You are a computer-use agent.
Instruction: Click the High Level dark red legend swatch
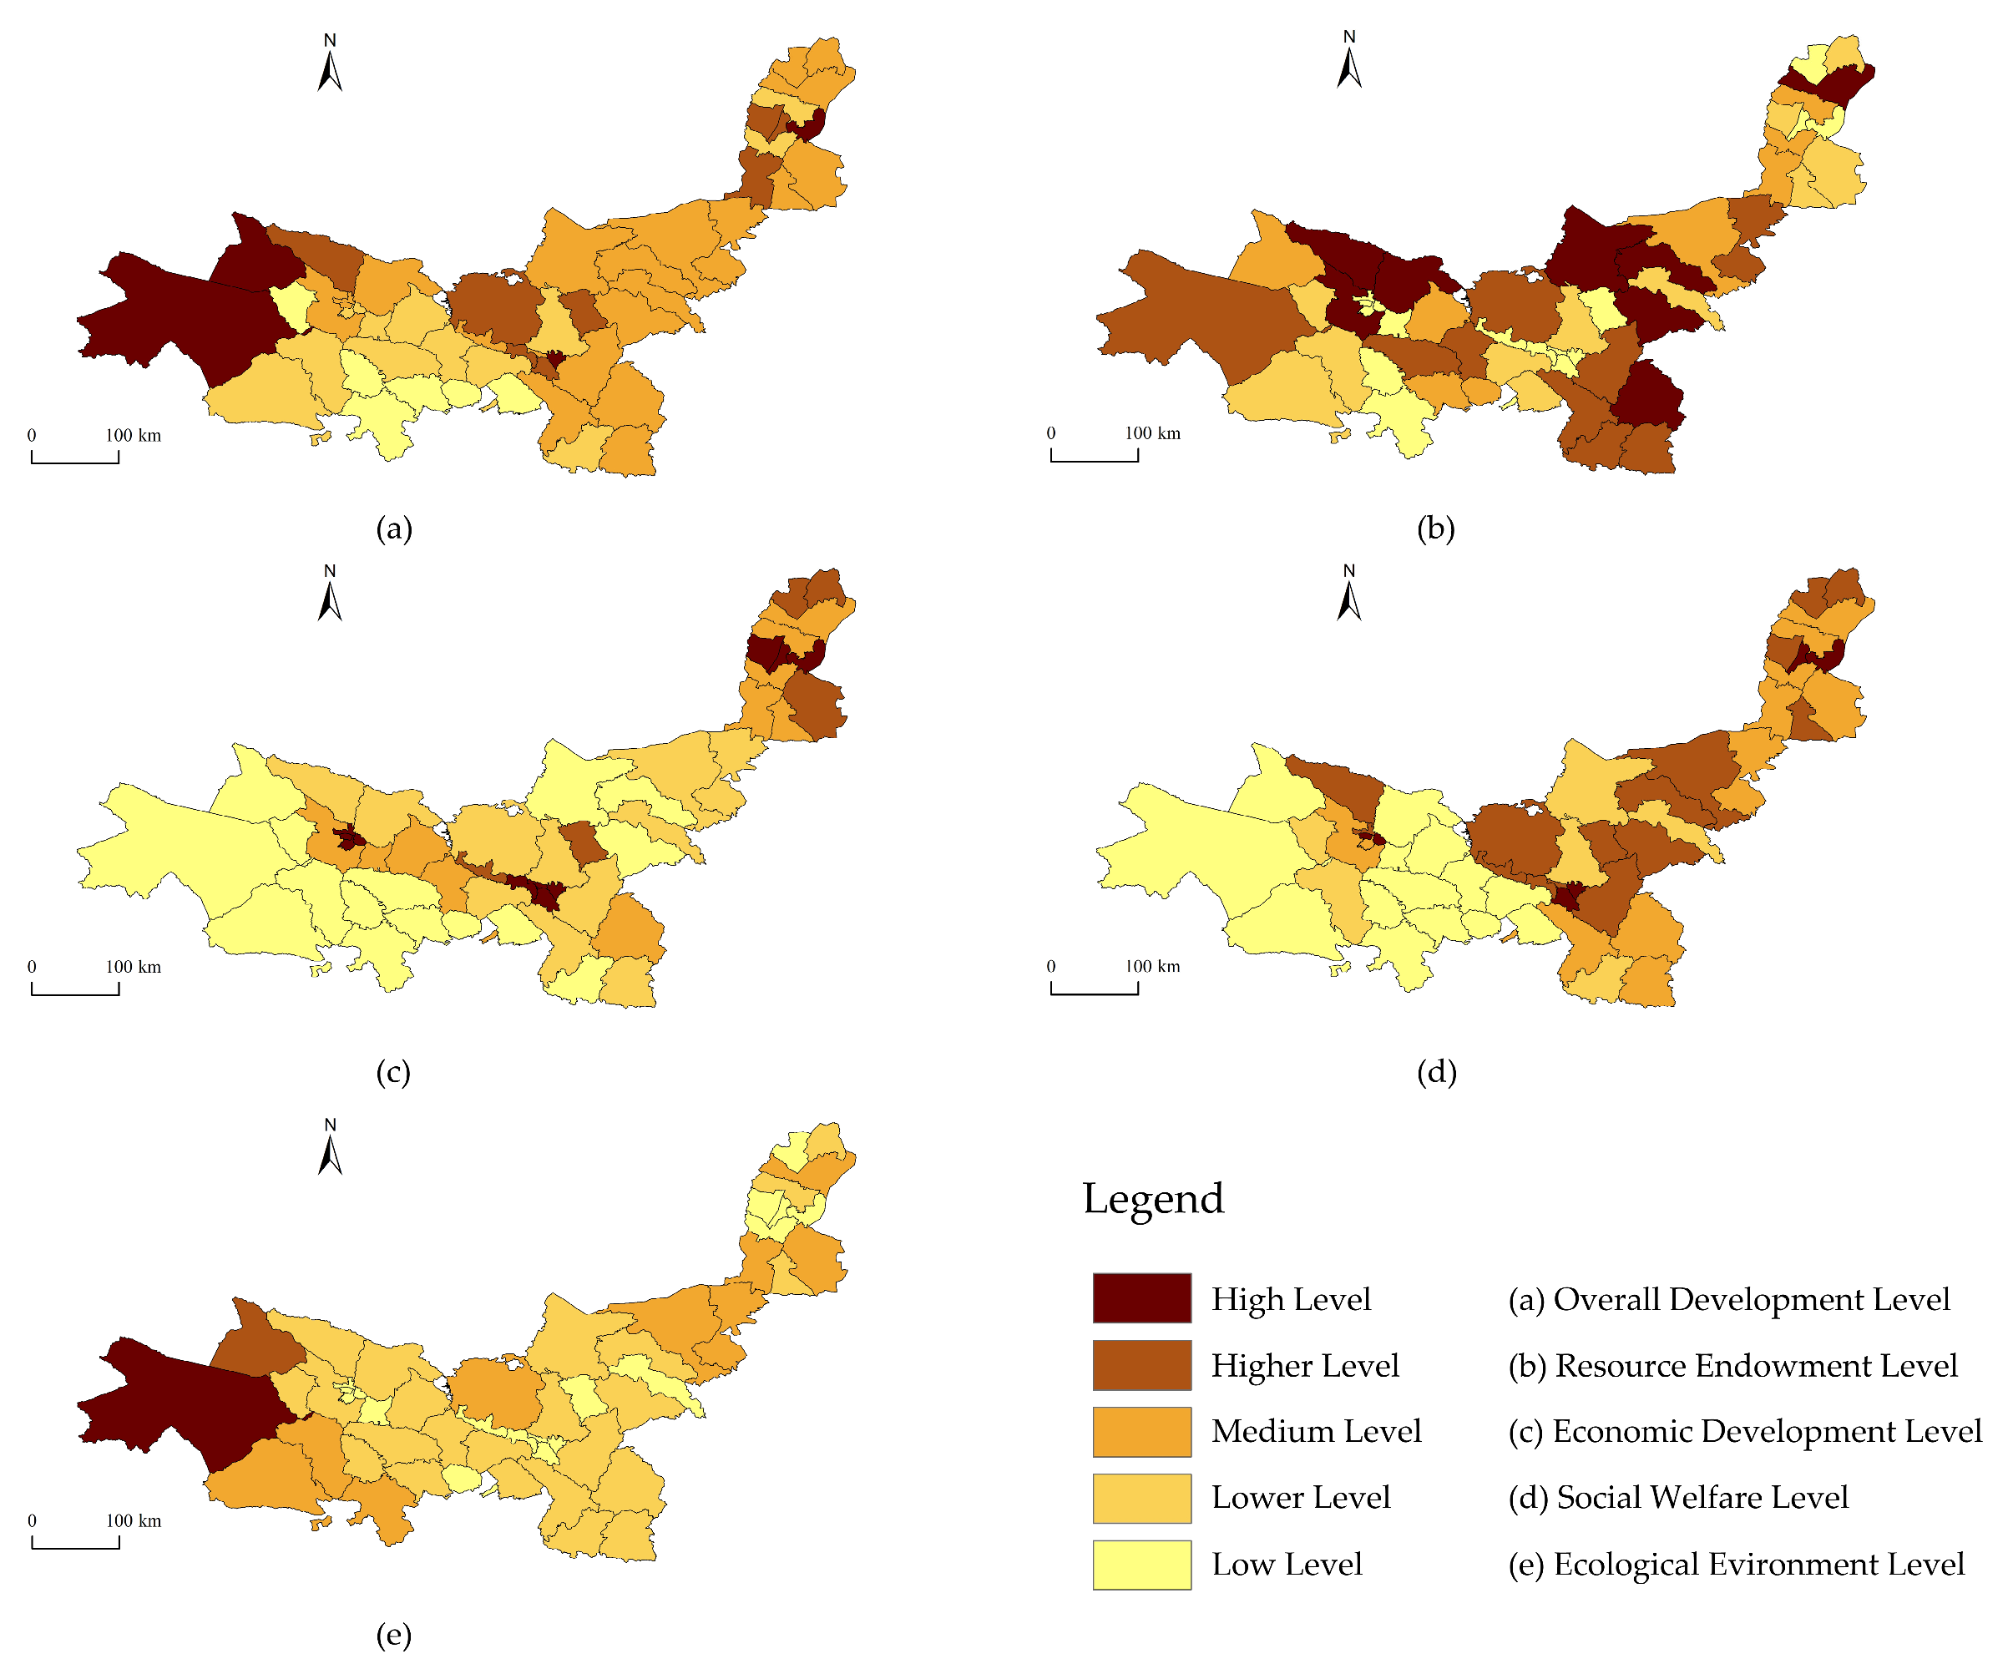pyautogui.click(x=1141, y=1298)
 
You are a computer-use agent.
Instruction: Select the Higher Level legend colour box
pyautogui.click(x=1141, y=1364)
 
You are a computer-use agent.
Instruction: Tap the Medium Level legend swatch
pyautogui.click(x=1141, y=1431)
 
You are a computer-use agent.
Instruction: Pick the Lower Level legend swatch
pyautogui.click(x=1141, y=1498)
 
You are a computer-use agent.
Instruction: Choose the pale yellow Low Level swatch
pyautogui.click(x=1141, y=1565)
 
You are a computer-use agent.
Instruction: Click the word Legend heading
pyautogui.click(x=1153, y=1198)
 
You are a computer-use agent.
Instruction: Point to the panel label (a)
pyautogui.click(x=394, y=528)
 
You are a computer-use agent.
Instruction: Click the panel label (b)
pyautogui.click(x=1436, y=528)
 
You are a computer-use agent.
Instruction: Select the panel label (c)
pyautogui.click(x=393, y=1071)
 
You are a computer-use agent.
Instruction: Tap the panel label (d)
pyautogui.click(x=1436, y=1071)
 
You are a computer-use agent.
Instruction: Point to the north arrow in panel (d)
pyautogui.click(x=1348, y=595)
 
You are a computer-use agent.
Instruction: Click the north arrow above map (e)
pyautogui.click(x=330, y=1150)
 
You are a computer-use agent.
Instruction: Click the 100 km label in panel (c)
pyautogui.click(x=134, y=967)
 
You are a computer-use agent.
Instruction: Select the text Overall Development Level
pyautogui.click(x=1752, y=1299)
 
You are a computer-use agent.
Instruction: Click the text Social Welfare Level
pyautogui.click(x=1702, y=1498)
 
